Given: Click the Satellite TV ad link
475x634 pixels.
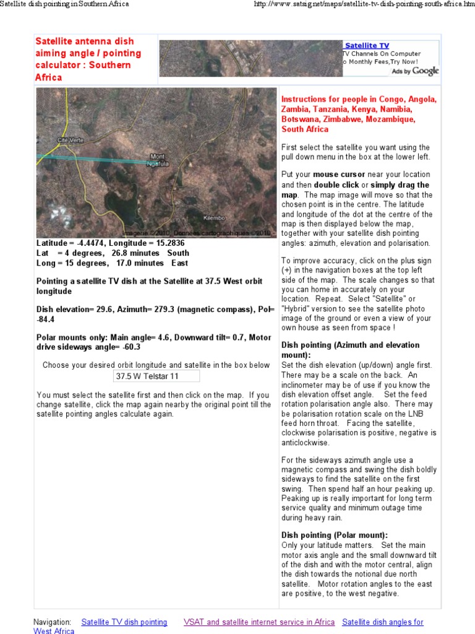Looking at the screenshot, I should point(367,46).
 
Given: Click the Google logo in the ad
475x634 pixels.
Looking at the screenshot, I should point(426,71).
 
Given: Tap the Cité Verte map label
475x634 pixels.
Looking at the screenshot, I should point(70,140).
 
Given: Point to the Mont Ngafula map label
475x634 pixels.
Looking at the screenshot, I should point(158,160).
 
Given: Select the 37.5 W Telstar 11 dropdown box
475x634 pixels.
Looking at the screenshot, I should point(156,376).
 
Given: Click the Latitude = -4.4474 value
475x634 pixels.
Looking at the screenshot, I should point(71,243).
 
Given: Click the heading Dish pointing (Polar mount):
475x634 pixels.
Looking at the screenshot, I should point(335,535).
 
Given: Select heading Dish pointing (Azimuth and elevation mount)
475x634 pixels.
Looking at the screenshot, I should point(350,350).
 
